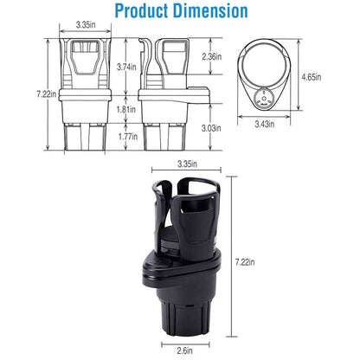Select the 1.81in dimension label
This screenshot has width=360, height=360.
click(126, 110)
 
